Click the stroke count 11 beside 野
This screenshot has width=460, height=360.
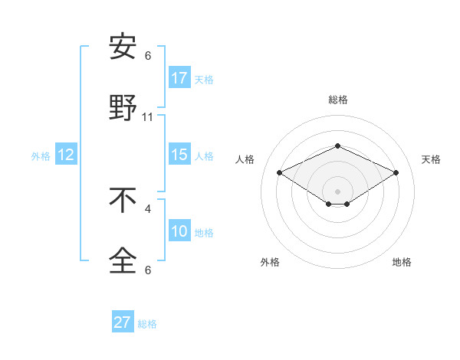[148, 117]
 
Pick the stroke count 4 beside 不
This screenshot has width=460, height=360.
[148, 208]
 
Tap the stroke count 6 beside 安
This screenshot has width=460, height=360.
[148, 56]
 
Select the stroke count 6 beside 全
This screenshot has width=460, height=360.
[148, 270]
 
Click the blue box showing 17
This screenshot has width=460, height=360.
[179, 78]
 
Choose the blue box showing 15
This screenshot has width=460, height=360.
[179, 155]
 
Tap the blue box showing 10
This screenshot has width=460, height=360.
[179, 231]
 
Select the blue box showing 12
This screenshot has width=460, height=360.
[66, 155]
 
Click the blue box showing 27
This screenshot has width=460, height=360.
[123, 322]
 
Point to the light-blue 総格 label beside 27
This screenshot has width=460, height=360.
[147, 324]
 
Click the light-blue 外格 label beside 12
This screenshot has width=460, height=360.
[41, 156]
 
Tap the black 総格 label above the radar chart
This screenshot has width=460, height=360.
[337, 100]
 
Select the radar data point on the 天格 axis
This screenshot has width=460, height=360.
[396, 172]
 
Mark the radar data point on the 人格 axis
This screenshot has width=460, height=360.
[279, 172]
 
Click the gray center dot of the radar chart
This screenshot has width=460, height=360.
[337, 191]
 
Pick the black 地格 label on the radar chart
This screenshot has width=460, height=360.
[402, 262]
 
